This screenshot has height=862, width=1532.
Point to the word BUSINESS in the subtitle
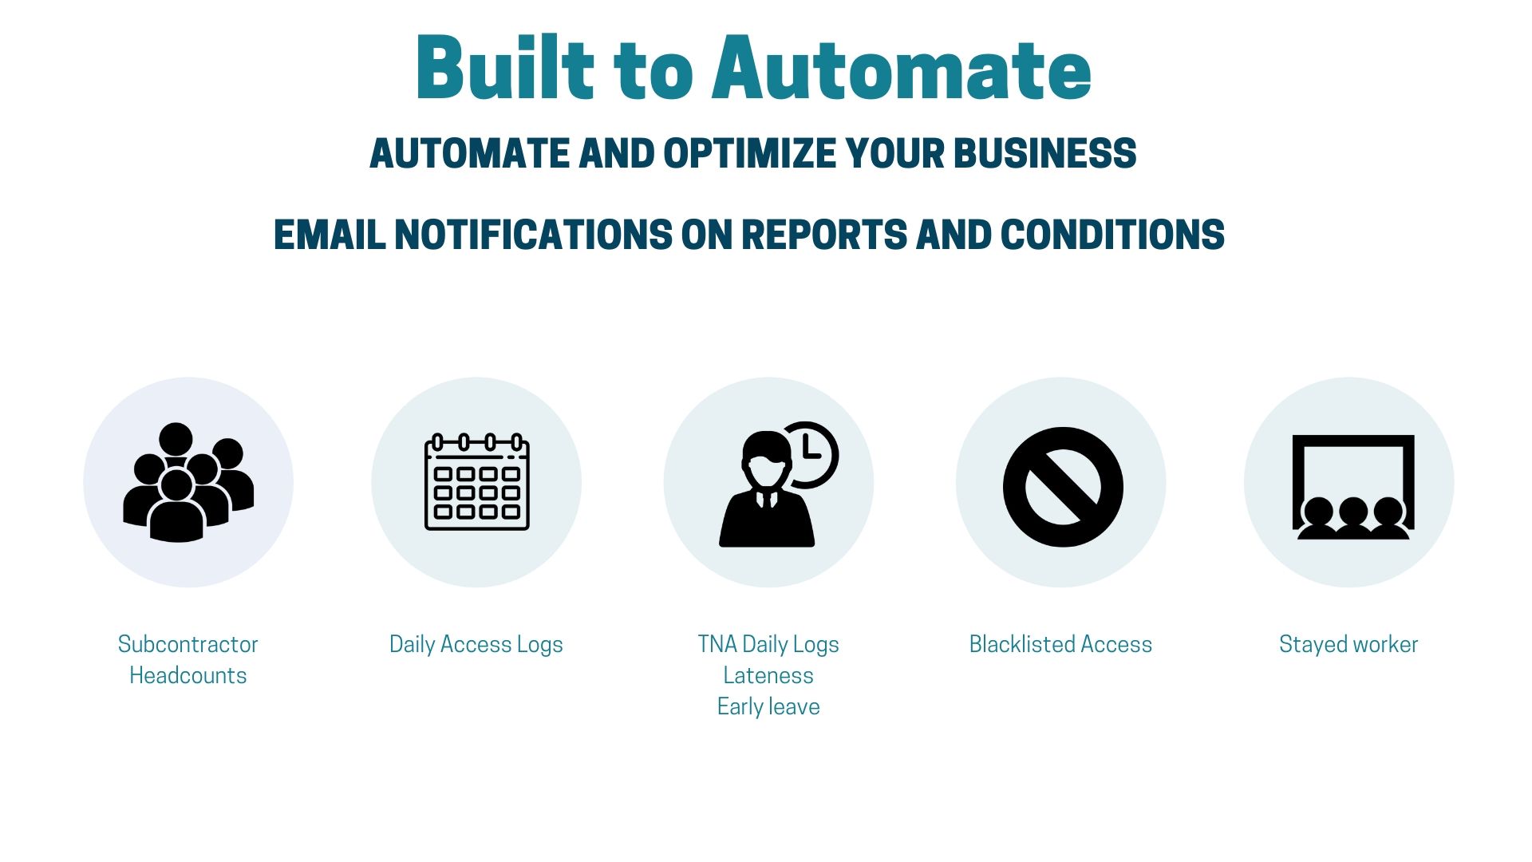[x=1045, y=153]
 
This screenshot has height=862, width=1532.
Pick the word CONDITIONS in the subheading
[x=1112, y=235]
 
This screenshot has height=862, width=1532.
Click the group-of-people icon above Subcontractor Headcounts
[x=188, y=482]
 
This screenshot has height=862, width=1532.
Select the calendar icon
[x=476, y=482]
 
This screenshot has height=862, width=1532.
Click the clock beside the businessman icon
[x=810, y=453]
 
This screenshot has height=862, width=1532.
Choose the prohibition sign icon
[x=1062, y=486]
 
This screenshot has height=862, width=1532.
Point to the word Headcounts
[x=188, y=675]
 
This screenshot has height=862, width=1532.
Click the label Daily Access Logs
[x=476, y=644]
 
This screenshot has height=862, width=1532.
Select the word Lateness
[x=768, y=675]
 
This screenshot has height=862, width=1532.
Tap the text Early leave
[x=768, y=706]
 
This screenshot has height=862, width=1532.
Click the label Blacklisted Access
[x=1060, y=644]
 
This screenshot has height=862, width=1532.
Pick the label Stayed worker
[x=1348, y=644]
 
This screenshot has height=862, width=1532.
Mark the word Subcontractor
[x=188, y=644]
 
